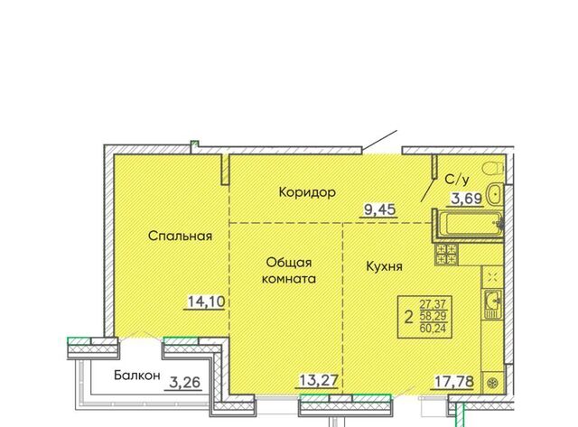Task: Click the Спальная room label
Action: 180,236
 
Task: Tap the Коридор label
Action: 307,192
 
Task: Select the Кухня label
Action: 384,266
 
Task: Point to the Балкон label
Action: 136,375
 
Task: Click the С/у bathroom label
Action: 457,180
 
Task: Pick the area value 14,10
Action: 206,302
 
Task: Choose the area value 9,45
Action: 379,209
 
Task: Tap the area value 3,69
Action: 467,199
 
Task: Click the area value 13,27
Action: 319,381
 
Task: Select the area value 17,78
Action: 453,382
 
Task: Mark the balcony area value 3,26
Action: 184,383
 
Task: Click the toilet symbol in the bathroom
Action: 493,170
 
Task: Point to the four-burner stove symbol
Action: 446,255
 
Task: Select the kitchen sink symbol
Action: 492,304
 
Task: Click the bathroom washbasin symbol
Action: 494,194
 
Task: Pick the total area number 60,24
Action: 433,328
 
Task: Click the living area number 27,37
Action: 433,304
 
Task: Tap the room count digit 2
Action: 408,317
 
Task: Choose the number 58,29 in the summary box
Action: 433,316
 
